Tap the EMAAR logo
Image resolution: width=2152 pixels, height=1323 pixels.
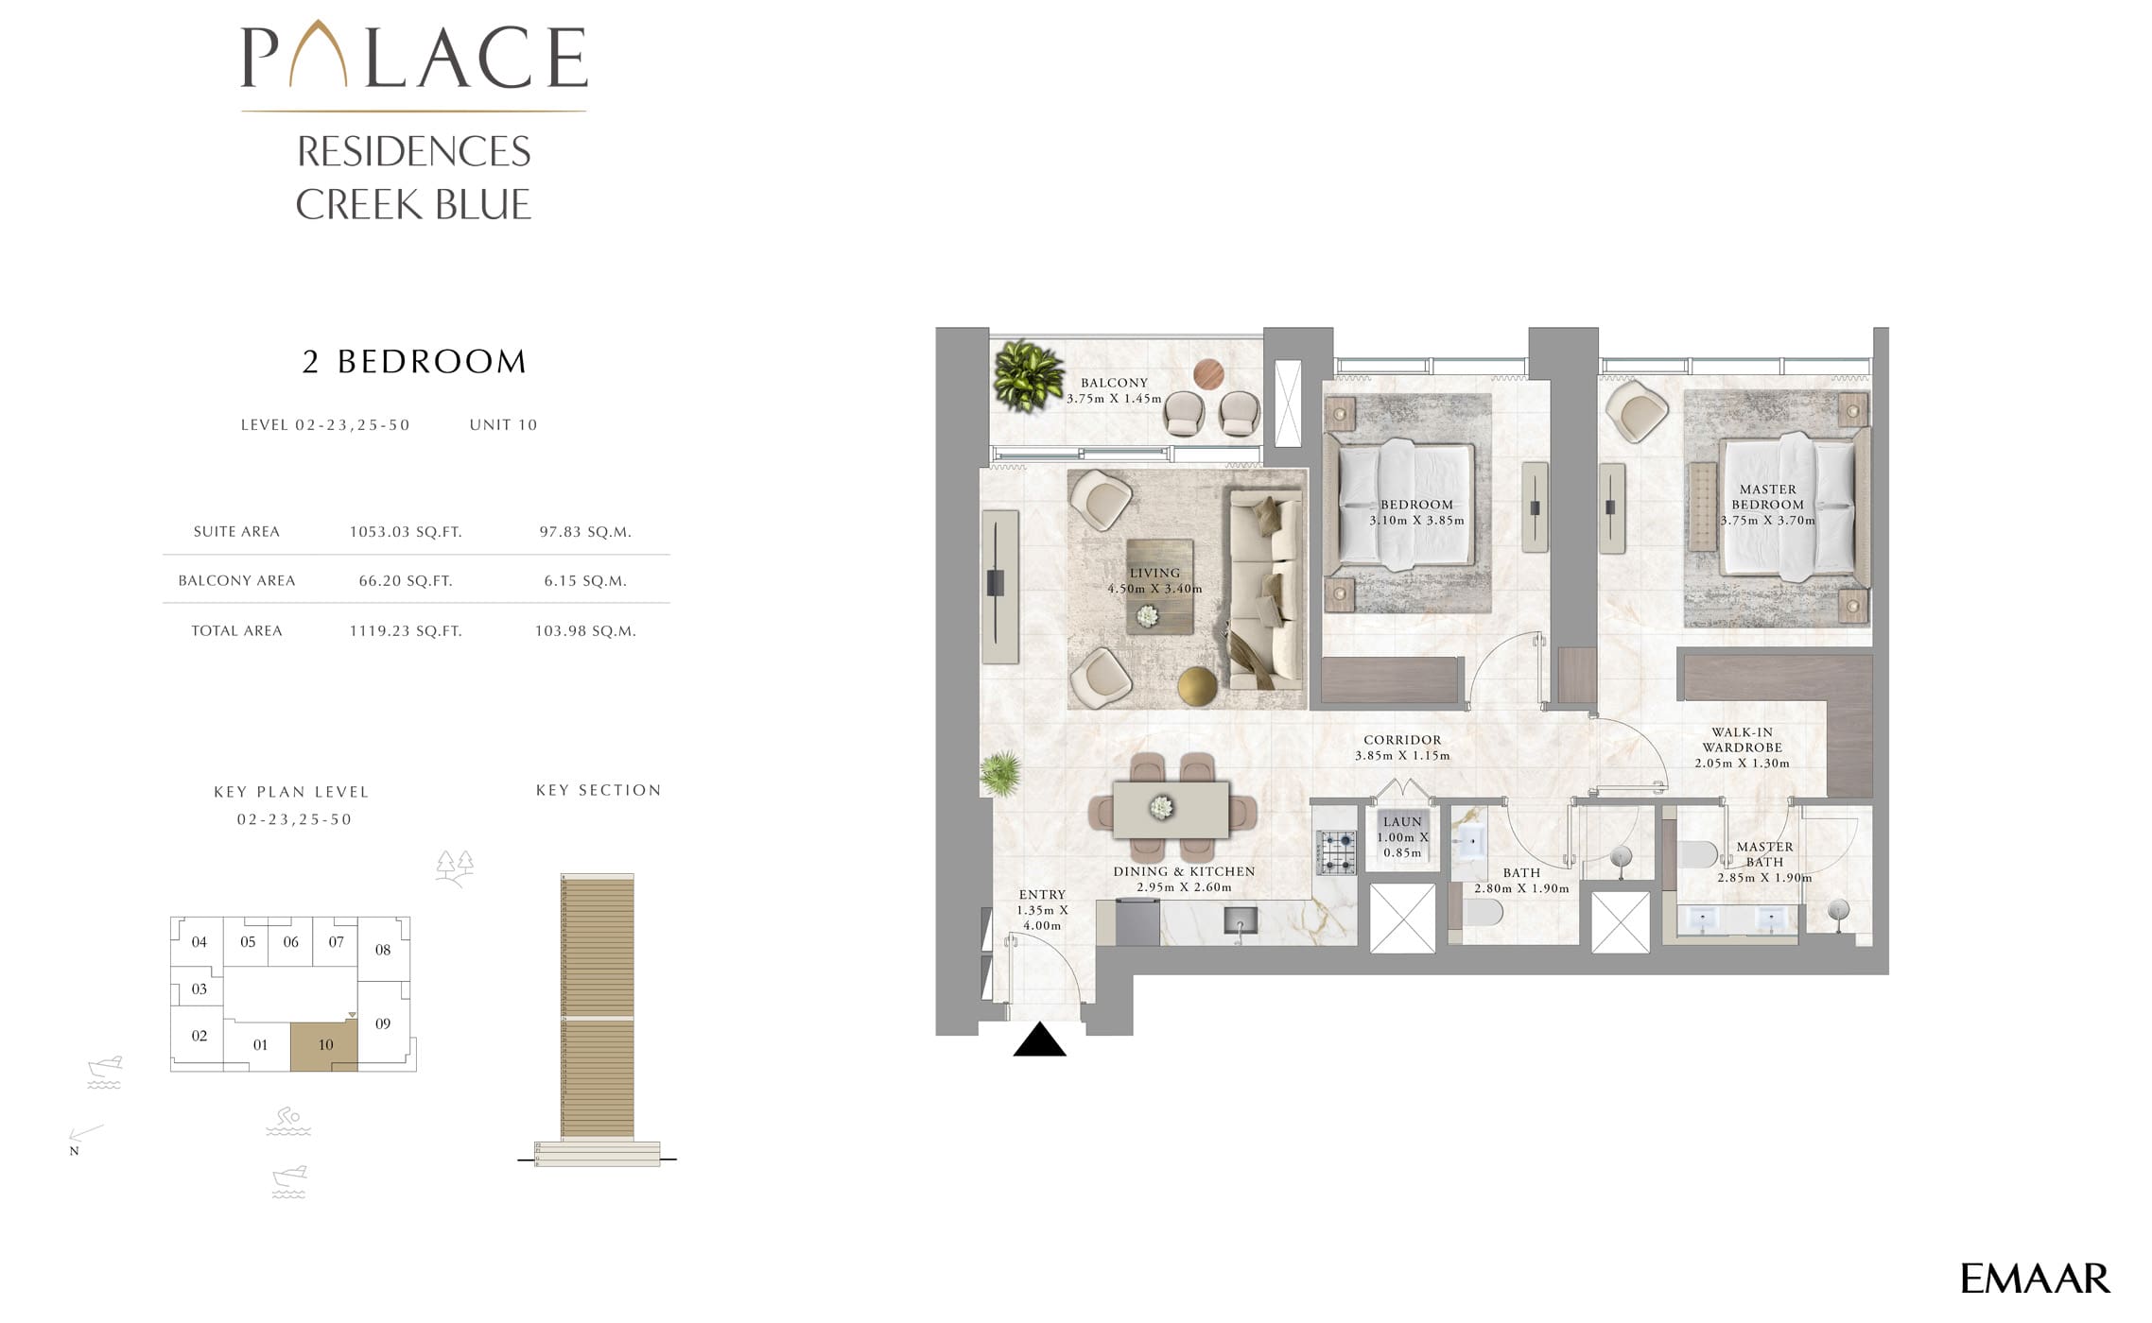2035,1279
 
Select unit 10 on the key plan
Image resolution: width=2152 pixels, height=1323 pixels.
324,1046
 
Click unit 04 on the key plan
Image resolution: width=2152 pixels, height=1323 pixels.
199,941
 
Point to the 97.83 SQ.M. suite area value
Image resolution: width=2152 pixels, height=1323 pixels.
585,532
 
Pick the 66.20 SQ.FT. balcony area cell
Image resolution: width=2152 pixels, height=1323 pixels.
406,581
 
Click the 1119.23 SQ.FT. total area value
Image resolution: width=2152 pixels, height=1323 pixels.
406,631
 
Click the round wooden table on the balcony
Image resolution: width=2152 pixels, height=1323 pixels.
1208,375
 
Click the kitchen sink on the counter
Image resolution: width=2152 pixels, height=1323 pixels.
1240,920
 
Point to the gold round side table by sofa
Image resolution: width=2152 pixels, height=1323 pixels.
1198,686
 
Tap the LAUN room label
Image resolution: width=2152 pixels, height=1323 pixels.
1402,822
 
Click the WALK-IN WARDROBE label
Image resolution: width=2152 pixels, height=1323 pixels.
1743,740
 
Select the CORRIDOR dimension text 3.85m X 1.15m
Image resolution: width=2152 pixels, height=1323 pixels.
1402,756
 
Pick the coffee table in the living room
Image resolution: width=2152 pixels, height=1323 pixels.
1159,586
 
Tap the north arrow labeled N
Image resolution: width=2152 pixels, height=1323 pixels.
85,1134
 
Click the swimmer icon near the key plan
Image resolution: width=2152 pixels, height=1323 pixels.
288,1122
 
